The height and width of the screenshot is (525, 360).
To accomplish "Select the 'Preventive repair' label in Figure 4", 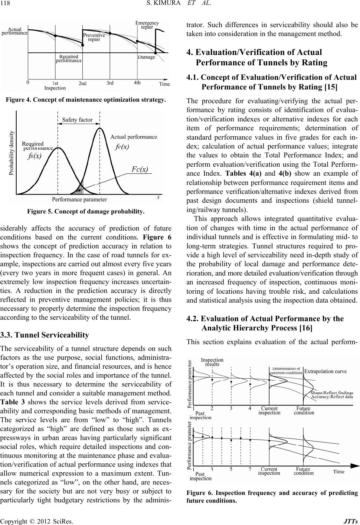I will click(94, 37).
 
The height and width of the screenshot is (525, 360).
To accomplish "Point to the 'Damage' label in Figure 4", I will click(146, 57).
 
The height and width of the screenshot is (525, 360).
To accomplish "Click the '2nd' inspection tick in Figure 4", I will click(83, 84).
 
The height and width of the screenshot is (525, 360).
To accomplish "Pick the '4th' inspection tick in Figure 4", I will click(137, 83).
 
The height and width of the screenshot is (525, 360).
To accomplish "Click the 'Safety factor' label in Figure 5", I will click(77, 120).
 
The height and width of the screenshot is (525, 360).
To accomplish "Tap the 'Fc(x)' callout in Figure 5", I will click(140, 169).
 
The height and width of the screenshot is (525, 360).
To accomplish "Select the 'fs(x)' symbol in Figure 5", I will click(35, 156).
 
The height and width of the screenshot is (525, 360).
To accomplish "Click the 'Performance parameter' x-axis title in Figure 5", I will click(79, 199).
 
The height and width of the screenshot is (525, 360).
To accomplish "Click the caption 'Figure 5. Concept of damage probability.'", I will click(85, 212).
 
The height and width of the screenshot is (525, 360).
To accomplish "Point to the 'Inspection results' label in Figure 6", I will click(212, 362).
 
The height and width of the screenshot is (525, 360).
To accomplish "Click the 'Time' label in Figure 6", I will click(338, 472).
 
